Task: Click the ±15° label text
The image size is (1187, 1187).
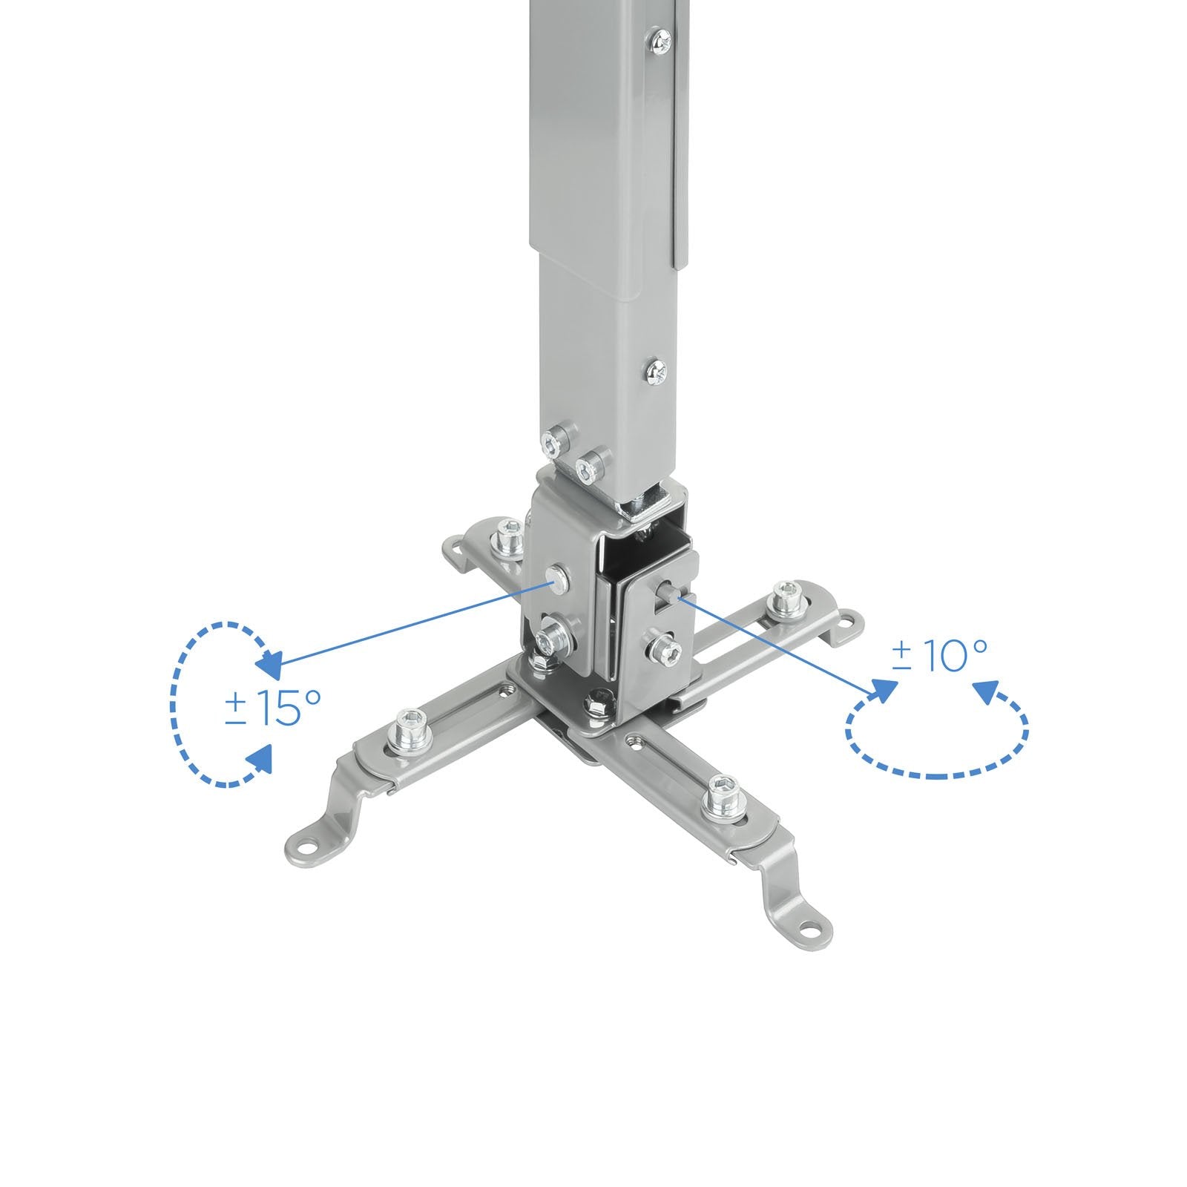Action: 272,708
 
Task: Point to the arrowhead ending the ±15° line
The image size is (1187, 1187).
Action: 269,661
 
